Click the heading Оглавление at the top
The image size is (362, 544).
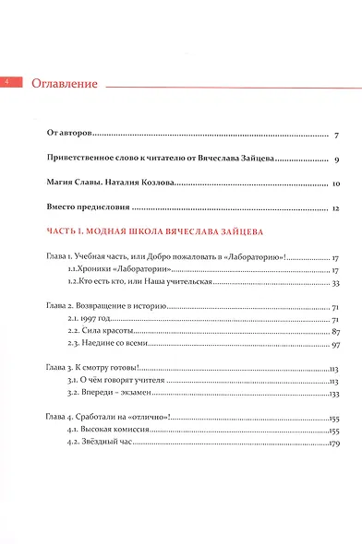tap(65, 84)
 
